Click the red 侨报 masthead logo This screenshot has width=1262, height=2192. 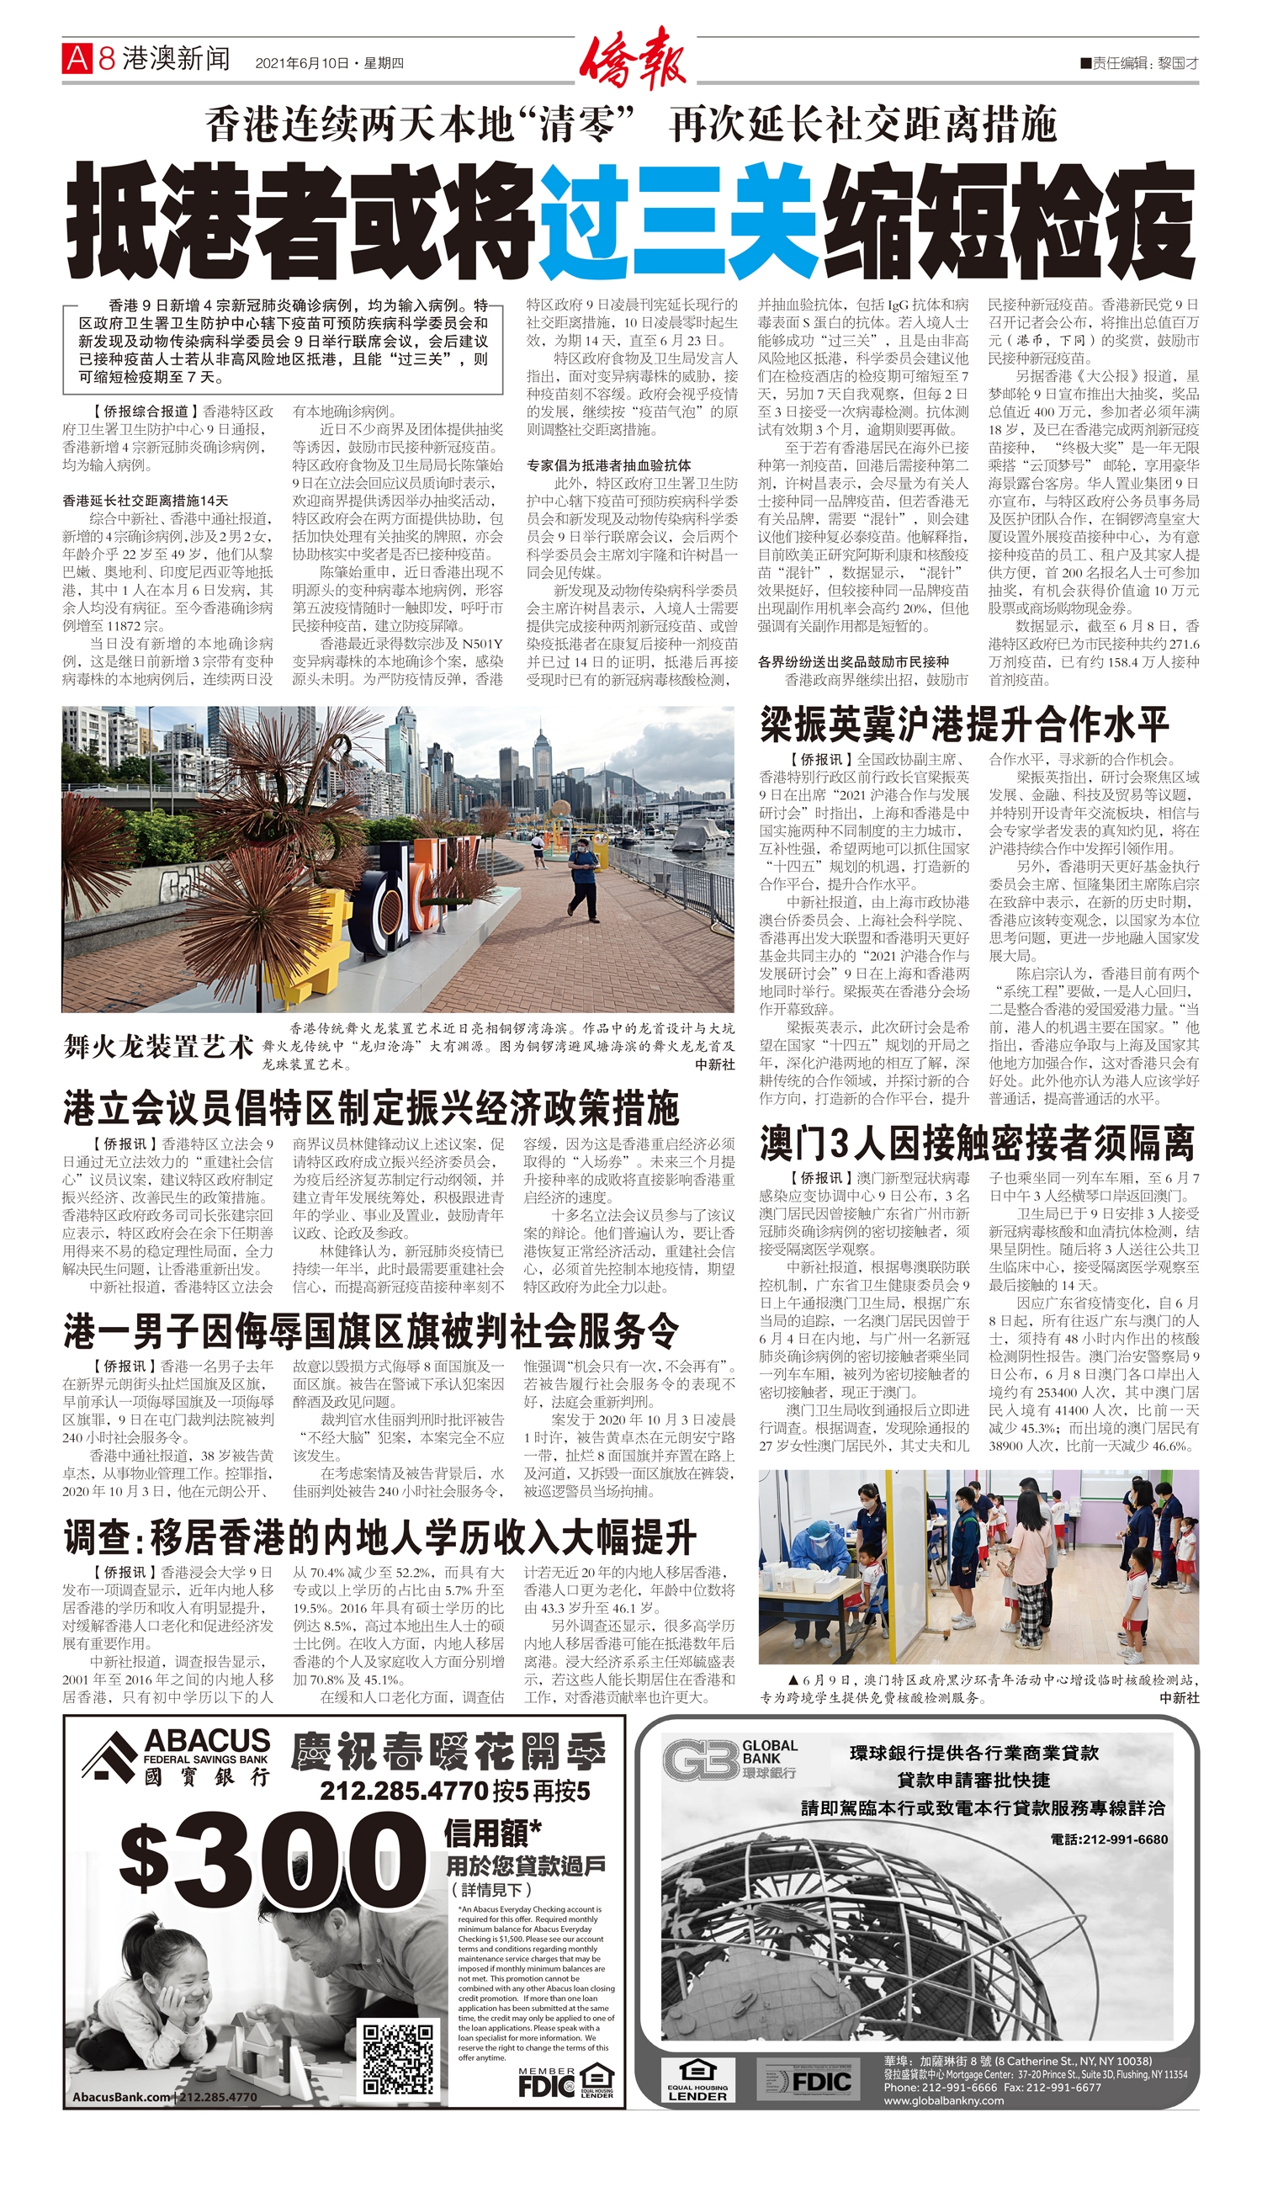coord(632,59)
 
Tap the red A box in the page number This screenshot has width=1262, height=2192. coord(77,59)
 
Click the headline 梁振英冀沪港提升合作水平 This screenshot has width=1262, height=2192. coord(964,724)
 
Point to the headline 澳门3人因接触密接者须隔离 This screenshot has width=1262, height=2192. coord(977,1144)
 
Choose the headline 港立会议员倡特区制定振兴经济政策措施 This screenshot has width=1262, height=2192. coord(371,1108)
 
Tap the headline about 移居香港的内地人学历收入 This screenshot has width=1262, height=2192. coord(379,1537)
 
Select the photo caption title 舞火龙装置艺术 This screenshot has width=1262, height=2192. coord(158,1045)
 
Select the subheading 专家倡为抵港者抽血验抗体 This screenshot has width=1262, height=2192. coord(608,465)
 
